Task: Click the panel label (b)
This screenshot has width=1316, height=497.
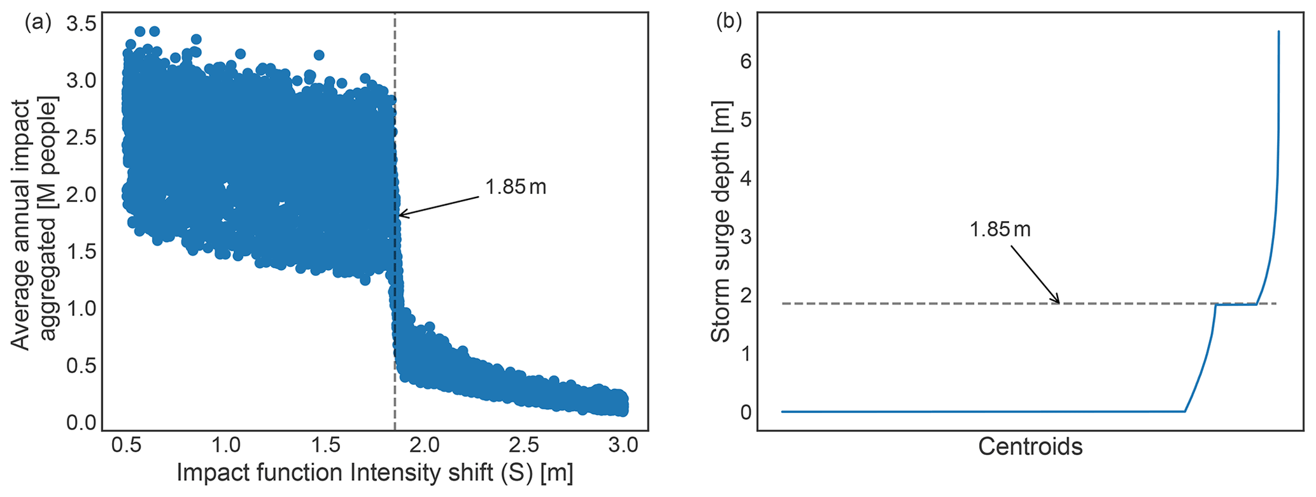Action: pyautogui.click(x=729, y=23)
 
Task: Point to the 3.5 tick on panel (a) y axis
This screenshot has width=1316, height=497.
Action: pyautogui.click(x=81, y=25)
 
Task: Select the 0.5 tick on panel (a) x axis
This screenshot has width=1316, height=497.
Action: pyautogui.click(x=125, y=445)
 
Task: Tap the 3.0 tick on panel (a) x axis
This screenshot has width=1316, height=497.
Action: pyautogui.click(x=623, y=445)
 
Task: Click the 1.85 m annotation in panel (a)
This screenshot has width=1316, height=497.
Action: pyautogui.click(x=516, y=187)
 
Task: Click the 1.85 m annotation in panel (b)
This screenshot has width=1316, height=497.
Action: pyautogui.click(x=1000, y=229)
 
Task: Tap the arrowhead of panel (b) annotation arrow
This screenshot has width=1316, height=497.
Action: pyautogui.click(x=1059, y=302)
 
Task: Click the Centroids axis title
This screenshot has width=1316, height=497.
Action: pyautogui.click(x=1030, y=447)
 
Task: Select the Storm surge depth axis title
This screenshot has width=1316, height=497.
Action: pyautogui.click(x=721, y=222)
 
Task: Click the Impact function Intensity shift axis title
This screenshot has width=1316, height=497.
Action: pyautogui.click(x=374, y=473)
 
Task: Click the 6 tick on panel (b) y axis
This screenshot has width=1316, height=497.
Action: pyautogui.click(x=746, y=61)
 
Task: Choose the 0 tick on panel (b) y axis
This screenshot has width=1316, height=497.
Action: pyautogui.click(x=746, y=412)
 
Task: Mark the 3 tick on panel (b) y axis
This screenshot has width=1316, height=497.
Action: pyautogui.click(x=746, y=236)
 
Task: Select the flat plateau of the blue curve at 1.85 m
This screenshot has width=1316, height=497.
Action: pyautogui.click(x=1235, y=305)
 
